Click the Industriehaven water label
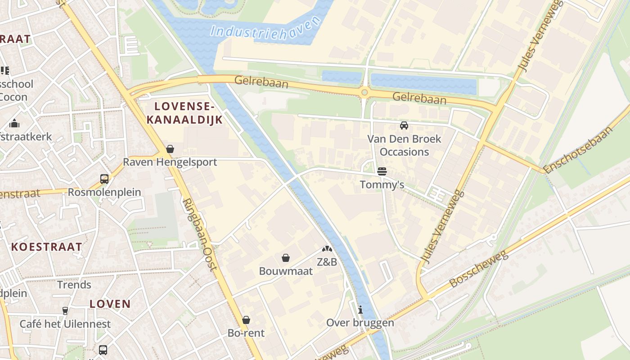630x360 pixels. click(266, 28)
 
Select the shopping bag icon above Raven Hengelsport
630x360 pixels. click(170, 149)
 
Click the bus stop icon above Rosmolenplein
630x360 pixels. click(104, 179)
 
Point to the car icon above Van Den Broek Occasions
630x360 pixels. click(404, 126)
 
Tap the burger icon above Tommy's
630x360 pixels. click(382, 171)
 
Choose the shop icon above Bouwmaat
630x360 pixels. click(285, 258)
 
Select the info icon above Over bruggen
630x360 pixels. click(360, 310)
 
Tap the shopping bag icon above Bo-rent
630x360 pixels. click(246, 320)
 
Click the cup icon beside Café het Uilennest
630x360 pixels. click(65, 310)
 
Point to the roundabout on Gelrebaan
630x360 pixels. click(364, 93)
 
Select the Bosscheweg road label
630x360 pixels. click(479, 269)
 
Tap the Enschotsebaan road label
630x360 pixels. click(579, 150)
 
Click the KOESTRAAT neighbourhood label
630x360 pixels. click(47, 247)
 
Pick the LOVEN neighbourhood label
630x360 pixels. click(110, 304)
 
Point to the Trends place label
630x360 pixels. click(74, 285)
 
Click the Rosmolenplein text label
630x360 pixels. click(104, 192)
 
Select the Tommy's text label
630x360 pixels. click(382, 185)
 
